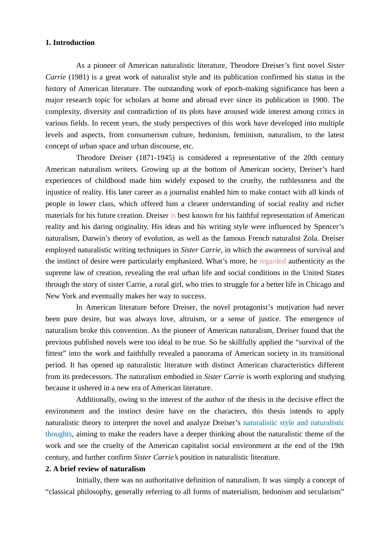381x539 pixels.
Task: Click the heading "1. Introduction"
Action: (70, 43)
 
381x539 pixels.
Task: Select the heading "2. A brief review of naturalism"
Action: (95, 469)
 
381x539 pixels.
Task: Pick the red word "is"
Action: (173, 215)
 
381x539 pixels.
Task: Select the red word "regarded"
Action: (272, 261)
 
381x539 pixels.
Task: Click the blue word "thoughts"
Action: (59, 434)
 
